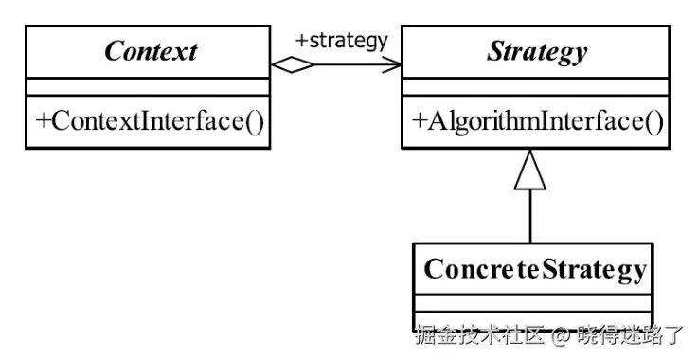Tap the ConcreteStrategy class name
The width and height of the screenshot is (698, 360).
coord(535,270)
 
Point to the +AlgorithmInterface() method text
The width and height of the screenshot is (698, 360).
coord(536,120)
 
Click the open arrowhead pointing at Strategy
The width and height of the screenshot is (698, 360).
coord(392,64)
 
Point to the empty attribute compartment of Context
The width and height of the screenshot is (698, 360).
coord(147,88)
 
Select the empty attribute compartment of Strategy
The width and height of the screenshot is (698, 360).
coord(536,88)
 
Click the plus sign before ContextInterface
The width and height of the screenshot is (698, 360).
coord(44,121)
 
